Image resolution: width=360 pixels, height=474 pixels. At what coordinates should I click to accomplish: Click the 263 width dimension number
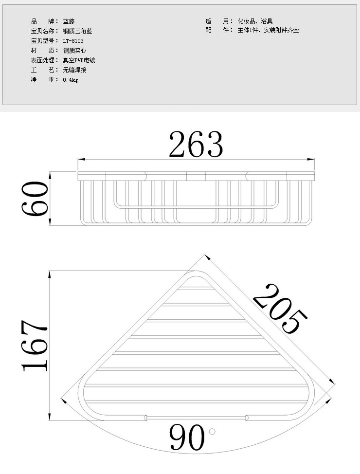click(x=196, y=144)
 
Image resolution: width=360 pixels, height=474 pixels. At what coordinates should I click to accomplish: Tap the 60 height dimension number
click(x=35, y=198)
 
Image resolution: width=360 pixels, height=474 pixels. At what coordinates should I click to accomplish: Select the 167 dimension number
click(x=34, y=345)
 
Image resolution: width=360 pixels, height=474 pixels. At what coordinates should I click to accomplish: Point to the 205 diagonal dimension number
click(x=280, y=309)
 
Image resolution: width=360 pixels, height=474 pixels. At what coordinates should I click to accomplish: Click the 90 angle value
click(x=187, y=437)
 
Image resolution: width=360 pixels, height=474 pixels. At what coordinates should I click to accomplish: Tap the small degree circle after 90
click(x=212, y=431)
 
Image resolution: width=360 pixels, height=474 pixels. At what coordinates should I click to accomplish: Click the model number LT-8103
click(x=73, y=41)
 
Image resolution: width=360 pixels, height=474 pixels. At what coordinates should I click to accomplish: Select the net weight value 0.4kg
click(x=71, y=80)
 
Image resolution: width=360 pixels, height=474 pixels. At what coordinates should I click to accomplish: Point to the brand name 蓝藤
click(x=69, y=21)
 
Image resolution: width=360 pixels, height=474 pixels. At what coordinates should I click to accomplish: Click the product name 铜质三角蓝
click(x=77, y=31)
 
